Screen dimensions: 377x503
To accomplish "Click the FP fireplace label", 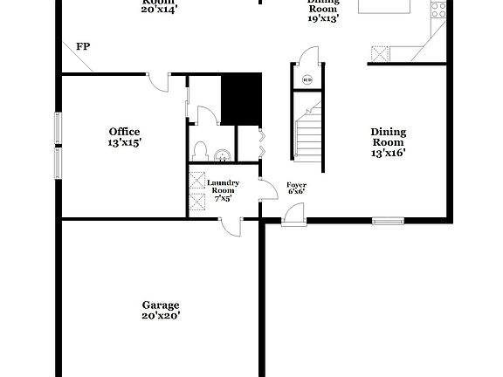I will pyautogui.click(x=83, y=46).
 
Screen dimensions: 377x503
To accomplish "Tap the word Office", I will pyautogui.click(x=124, y=132).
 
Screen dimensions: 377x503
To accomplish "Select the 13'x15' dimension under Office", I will pyautogui.click(x=124, y=141).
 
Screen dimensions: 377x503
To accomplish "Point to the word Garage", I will pyautogui.click(x=161, y=305).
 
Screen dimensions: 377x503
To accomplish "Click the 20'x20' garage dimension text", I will pyautogui.click(x=161, y=316).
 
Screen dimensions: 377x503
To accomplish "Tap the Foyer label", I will pyautogui.click(x=296, y=185).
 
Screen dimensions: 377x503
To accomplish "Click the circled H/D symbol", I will pyautogui.click(x=307, y=81).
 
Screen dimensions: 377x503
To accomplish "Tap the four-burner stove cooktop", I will pyautogui.click(x=439, y=10).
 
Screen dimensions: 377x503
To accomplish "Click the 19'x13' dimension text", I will pyautogui.click(x=322, y=17).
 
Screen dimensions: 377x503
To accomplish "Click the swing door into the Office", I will pyautogui.click(x=158, y=81).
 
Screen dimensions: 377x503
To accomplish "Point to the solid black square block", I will pyautogui.click(x=241, y=99).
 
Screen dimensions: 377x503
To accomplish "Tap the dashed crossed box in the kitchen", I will pyautogui.click(x=380, y=54).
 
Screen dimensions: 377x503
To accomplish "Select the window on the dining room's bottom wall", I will pyautogui.click(x=387, y=220).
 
